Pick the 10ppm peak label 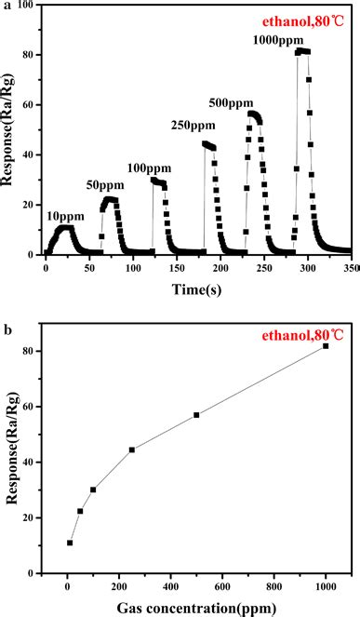63,215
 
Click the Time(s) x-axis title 194,289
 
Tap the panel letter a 7,7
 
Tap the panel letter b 7,329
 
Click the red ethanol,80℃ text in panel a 309,20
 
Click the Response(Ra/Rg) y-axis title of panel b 12,461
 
